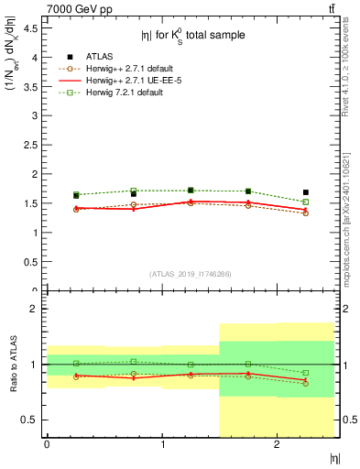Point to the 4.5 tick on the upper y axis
coord(30,28)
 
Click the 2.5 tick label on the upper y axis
coord(30,145)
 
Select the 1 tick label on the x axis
coord(162,444)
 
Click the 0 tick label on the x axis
coord(47,444)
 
